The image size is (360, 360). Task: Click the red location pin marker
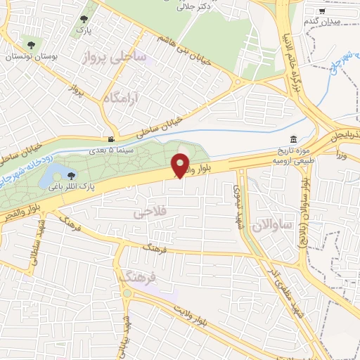pos(181,165)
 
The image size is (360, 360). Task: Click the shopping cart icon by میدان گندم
pos(322,11)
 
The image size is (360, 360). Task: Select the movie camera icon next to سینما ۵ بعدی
pos(110,139)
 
